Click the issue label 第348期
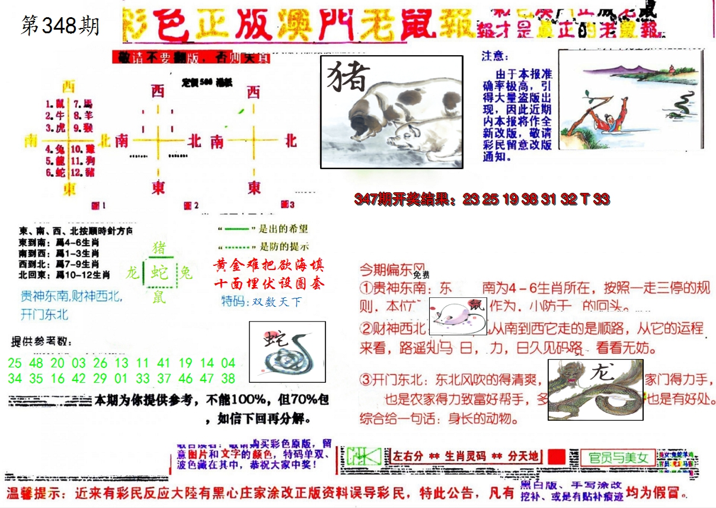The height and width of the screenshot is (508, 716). [60, 26]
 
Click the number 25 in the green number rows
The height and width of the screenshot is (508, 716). [15, 363]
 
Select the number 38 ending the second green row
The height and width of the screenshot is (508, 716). [228, 378]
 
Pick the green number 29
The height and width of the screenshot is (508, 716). [100, 378]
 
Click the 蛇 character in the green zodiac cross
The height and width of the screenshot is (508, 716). [159, 272]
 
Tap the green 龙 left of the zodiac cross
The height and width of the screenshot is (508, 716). [133, 273]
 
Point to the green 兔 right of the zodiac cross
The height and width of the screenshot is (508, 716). [186, 273]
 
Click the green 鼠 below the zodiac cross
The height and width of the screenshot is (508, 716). [159, 296]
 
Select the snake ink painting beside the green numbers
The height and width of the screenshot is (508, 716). [287, 351]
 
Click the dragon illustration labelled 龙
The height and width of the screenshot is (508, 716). [594, 389]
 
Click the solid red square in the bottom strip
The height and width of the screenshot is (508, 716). [556, 456]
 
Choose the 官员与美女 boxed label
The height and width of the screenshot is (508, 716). [618, 458]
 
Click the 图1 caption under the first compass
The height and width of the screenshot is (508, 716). [98, 206]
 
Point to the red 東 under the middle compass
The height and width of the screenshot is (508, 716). [158, 188]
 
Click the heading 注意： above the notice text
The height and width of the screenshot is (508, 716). [495, 56]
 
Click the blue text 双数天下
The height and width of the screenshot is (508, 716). [276, 302]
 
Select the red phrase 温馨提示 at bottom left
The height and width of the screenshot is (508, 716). [36, 493]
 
